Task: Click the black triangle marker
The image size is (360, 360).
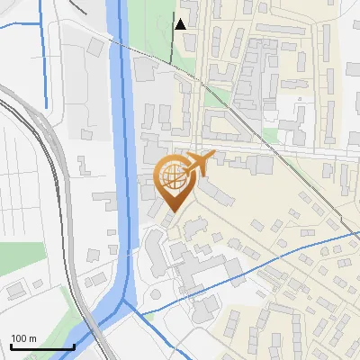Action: (x=181, y=23)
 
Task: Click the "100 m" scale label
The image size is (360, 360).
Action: (x=23, y=338)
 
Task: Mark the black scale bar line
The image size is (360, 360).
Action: (x=41, y=346)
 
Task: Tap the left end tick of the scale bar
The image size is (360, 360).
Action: (x=10, y=345)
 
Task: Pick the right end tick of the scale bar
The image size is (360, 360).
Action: (x=74, y=345)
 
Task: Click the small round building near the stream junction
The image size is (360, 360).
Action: (x=155, y=294)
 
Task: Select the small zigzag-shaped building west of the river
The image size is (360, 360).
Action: (x=84, y=166)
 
